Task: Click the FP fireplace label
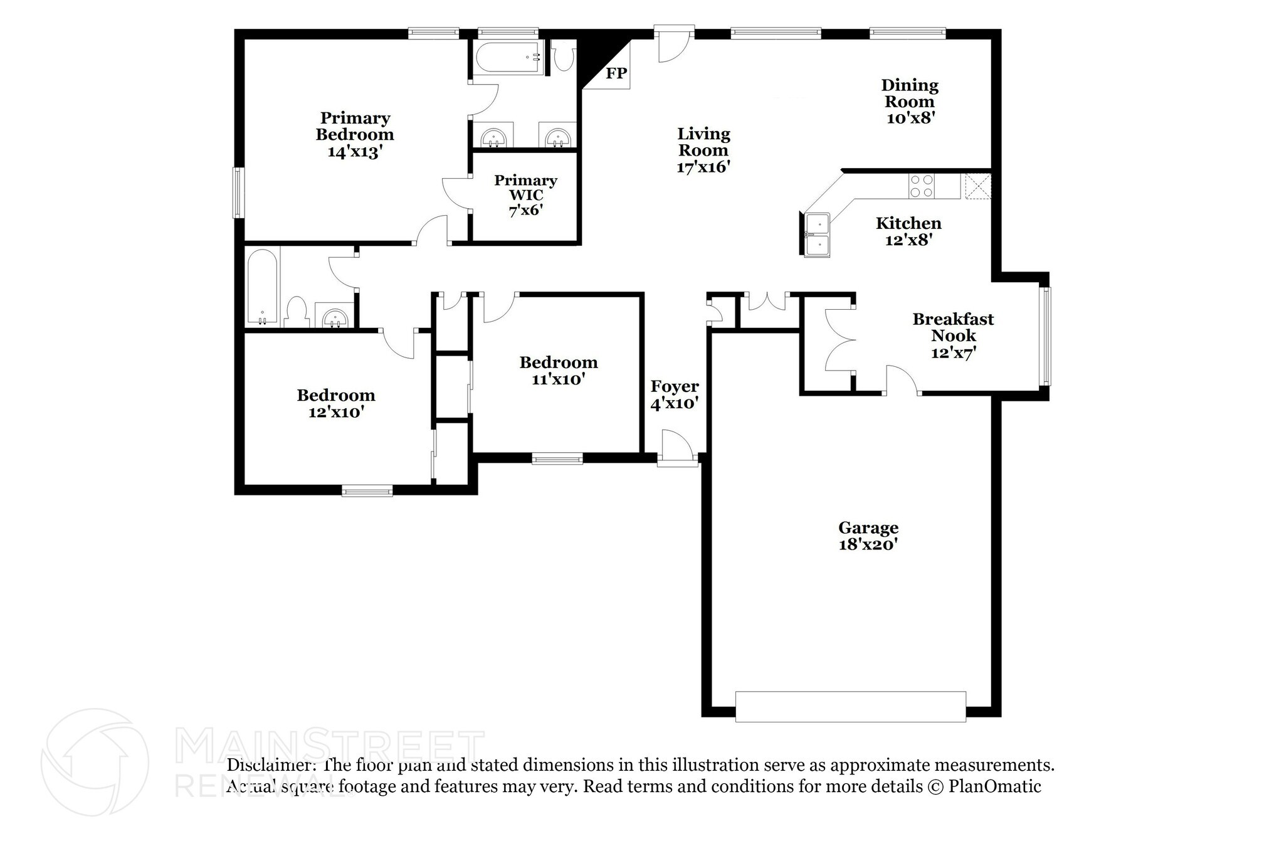(x=616, y=73)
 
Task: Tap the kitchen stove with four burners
(x=922, y=186)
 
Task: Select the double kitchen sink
(x=818, y=235)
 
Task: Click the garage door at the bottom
(x=850, y=707)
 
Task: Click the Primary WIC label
(x=525, y=188)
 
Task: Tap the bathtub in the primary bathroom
(x=508, y=58)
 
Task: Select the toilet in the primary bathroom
(x=564, y=56)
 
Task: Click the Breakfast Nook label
(x=953, y=327)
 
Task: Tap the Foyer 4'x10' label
(x=675, y=394)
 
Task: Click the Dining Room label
(x=910, y=93)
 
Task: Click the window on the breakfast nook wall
(x=1045, y=336)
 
